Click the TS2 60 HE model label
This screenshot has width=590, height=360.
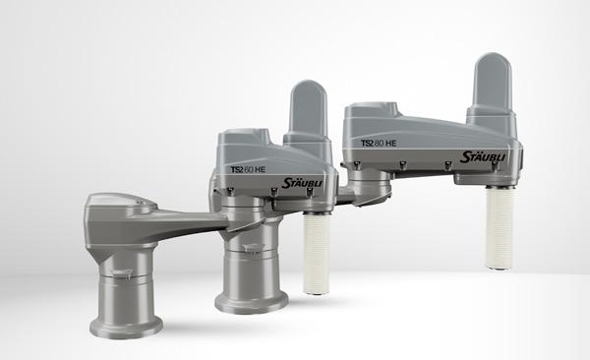coord(248,170)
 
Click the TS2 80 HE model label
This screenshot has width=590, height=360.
coord(379,143)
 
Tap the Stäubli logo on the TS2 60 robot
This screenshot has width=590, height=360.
coord(302,183)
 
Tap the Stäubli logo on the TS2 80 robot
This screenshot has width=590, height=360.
coord(483,156)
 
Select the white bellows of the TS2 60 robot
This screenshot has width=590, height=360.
coord(317,253)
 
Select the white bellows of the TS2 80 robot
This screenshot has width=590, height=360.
coord(500,227)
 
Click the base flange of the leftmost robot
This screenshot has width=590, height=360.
coord(127,328)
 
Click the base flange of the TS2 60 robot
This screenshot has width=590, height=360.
coord(252,302)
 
